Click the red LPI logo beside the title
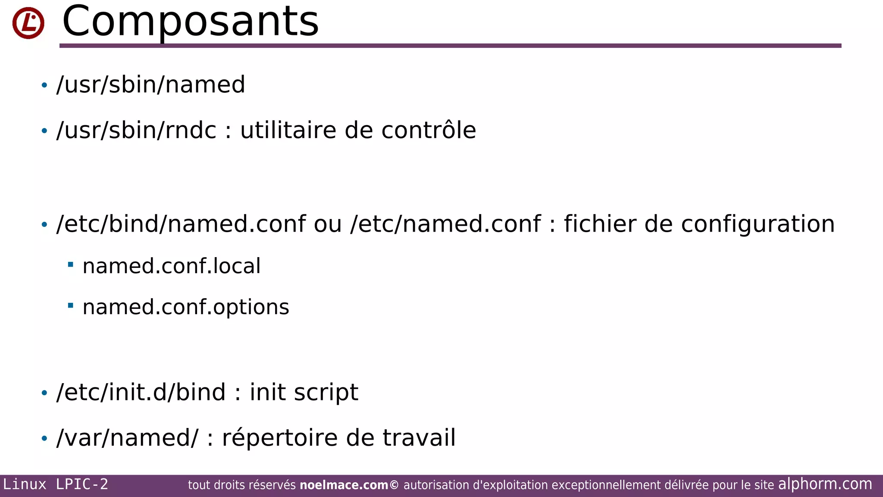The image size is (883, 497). pyautogui.click(x=28, y=23)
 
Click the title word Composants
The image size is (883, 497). pyautogui.click(x=190, y=22)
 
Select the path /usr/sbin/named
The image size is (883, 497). pyautogui.click(x=151, y=85)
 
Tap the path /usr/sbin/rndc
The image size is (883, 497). pyautogui.click(x=136, y=130)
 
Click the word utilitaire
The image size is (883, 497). pyautogui.click(x=288, y=130)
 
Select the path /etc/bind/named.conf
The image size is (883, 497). pyautogui.click(x=181, y=224)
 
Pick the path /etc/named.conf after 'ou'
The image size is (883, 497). pyautogui.click(x=445, y=224)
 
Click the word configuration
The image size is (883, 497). pyautogui.click(x=758, y=224)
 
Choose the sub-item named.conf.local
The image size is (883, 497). pyautogui.click(x=172, y=266)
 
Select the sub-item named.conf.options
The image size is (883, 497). pyautogui.click(x=186, y=307)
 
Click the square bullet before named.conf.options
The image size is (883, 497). pyautogui.click(x=71, y=306)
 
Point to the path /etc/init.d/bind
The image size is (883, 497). pyautogui.click(x=141, y=392)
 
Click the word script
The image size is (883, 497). pyautogui.click(x=326, y=392)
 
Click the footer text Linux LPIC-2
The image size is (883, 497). pyautogui.click(x=56, y=484)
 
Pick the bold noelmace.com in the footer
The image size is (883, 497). pyautogui.click(x=344, y=485)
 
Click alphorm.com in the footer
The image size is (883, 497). pyautogui.click(x=825, y=484)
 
